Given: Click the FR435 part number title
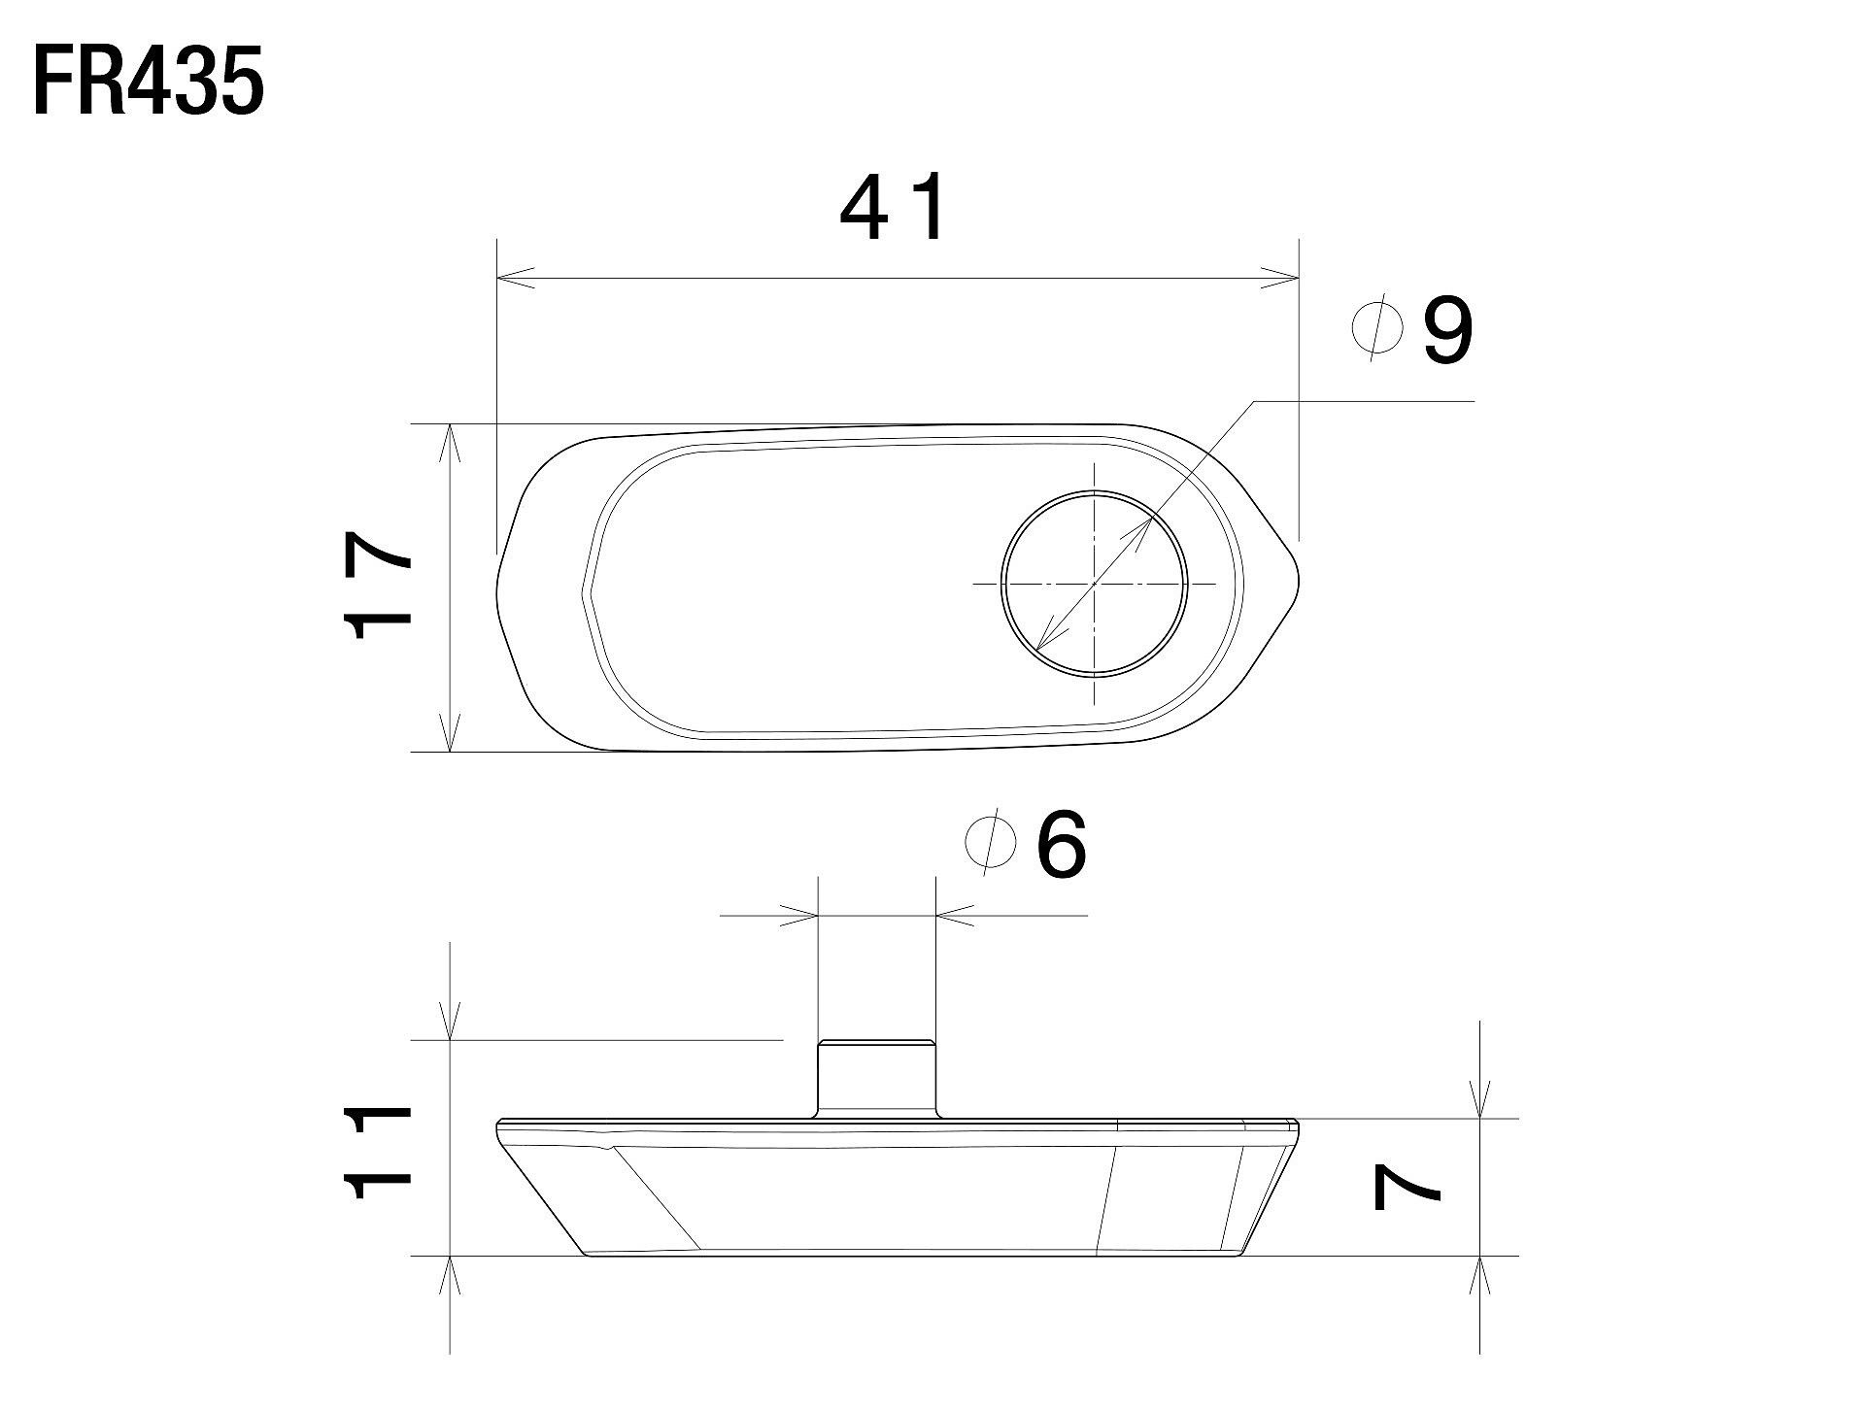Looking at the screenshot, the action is pyautogui.click(x=149, y=84).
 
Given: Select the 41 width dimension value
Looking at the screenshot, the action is pyautogui.click(x=892, y=209).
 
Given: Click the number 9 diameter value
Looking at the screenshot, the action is pyautogui.click(x=1447, y=330).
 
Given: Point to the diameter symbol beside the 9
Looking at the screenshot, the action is pyautogui.click(x=1378, y=330).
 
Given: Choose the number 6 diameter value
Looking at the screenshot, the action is pyautogui.click(x=1062, y=845).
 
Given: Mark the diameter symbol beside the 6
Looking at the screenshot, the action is pyautogui.click(x=992, y=845).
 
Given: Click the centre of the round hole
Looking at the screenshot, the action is pyautogui.click(x=1094, y=584).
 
